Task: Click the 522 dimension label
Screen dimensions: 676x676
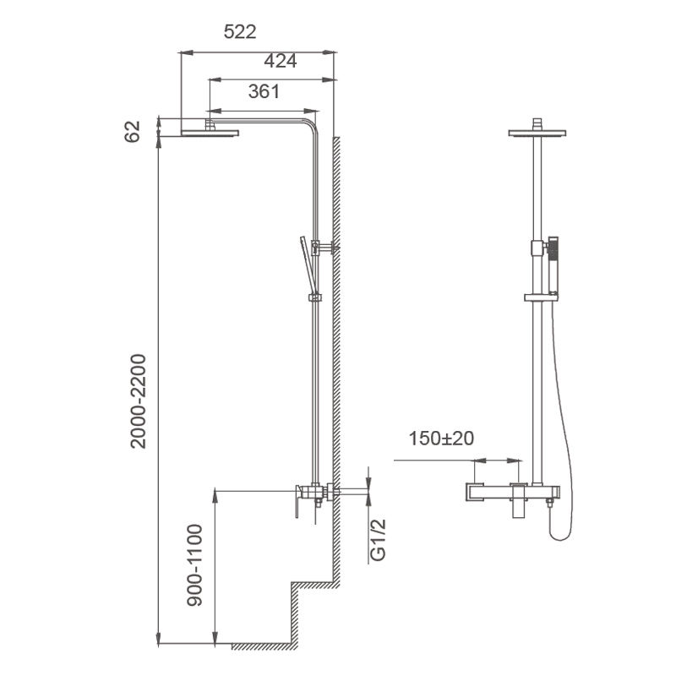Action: pyautogui.click(x=240, y=32)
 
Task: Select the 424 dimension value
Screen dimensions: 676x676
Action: pyautogui.click(x=281, y=61)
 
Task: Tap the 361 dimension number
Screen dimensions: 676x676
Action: pyautogui.click(x=264, y=91)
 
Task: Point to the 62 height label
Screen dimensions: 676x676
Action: pyautogui.click(x=133, y=132)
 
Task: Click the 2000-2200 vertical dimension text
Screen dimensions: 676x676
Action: pyautogui.click(x=139, y=401)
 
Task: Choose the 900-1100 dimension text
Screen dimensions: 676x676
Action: pyautogui.click(x=194, y=565)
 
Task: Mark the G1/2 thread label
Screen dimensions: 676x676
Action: pyautogui.click(x=378, y=540)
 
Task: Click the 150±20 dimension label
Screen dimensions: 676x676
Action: pyautogui.click(x=441, y=439)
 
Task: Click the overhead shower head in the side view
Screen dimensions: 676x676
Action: pyautogui.click(x=210, y=133)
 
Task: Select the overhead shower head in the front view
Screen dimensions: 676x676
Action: pyautogui.click(x=537, y=134)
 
